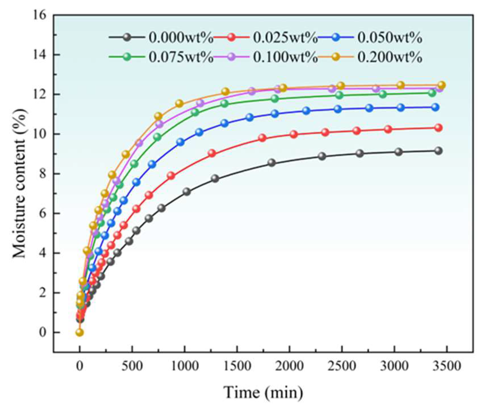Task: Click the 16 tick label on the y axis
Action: (39, 15)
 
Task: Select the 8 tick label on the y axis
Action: (43, 174)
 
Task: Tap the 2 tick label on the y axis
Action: (43, 293)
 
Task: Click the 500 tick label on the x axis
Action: (132, 366)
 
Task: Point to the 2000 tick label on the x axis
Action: (289, 366)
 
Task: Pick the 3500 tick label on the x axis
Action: (447, 366)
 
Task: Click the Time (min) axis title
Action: (263, 392)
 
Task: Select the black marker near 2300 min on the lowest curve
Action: (322, 156)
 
